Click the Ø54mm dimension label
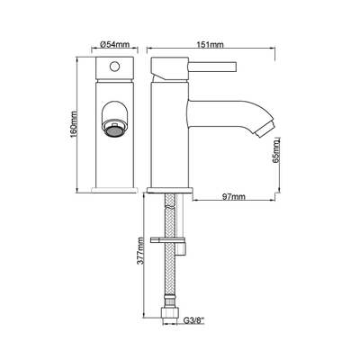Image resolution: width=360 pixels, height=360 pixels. click(114, 44)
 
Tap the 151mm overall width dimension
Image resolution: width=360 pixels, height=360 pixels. click(210, 44)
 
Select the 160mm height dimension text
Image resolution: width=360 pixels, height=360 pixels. click(73, 124)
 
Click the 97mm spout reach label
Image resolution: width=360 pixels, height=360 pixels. click(234, 197)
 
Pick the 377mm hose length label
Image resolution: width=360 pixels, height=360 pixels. click(139, 250)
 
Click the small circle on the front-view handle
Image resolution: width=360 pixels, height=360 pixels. click(114, 66)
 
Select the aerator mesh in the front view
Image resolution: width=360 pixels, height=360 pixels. click(114, 131)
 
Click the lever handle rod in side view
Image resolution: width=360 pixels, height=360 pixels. click(212, 66)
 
